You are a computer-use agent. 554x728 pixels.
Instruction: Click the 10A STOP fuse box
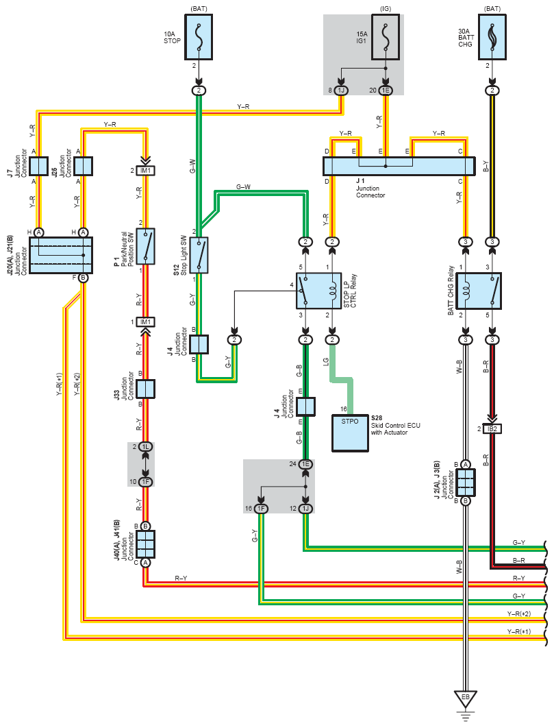pyautogui.click(x=199, y=37)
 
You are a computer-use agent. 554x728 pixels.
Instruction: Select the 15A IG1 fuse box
pyautogui.click(x=386, y=37)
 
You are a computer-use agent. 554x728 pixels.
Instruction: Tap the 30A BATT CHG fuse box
pyautogui.click(x=492, y=37)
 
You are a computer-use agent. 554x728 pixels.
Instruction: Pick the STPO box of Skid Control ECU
pyautogui.click(x=351, y=433)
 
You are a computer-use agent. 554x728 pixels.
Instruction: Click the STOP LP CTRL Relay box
pyautogui.click(x=318, y=291)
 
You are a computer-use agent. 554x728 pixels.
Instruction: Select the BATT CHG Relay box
pyautogui.click(x=479, y=291)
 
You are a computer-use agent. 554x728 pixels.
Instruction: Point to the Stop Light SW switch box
pyautogui.click(x=199, y=255)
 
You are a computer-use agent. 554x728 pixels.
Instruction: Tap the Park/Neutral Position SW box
pyautogui.click(x=146, y=246)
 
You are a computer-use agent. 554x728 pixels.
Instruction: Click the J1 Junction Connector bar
pyautogui.click(x=399, y=166)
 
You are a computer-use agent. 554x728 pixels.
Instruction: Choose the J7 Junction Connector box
pyautogui.click(x=38, y=166)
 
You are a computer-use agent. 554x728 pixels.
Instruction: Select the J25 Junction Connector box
pyautogui.click(x=84, y=166)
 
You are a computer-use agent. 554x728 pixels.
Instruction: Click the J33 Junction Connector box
pyautogui.click(x=145, y=389)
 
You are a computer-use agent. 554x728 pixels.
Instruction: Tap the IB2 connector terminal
pyautogui.click(x=492, y=428)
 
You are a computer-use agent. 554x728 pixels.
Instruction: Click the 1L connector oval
pyautogui.click(x=146, y=447)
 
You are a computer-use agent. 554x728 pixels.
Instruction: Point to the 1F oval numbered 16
pyautogui.click(x=261, y=509)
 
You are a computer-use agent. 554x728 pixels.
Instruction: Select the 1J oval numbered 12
pyautogui.click(x=305, y=509)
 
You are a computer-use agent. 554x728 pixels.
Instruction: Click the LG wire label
pyautogui.click(x=326, y=361)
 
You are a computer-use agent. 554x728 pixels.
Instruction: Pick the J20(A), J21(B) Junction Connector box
pyautogui.click(x=61, y=255)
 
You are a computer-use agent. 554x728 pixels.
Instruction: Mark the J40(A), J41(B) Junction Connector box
pyautogui.click(x=145, y=544)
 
